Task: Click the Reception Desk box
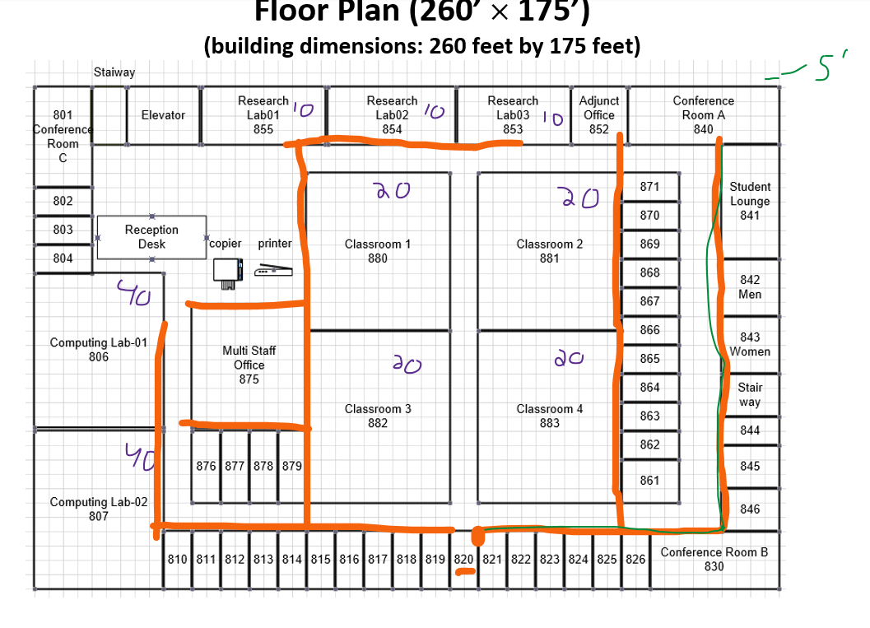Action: pyautogui.click(x=151, y=237)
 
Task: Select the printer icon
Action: pyautogui.click(x=272, y=270)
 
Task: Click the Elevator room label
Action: pyautogui.click(x=163, y=115)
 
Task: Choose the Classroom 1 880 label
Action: pyautogui.click(x=377, y=251)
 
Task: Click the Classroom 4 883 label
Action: pyautogui.click(x=549, y=416)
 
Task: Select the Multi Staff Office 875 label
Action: pyautogui.click(x=249, y=365)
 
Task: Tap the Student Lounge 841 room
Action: pyautogui.click(x=749, y=201)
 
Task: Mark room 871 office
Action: pyautogui.click(x=649, y=187)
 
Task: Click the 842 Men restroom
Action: pyautogui.click(x=750, y=287)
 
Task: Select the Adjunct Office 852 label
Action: pyautogui.click(x=598, y=115)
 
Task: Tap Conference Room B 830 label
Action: pyautogui.click(x=714, y=559)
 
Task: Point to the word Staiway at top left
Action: pyautogui.click(x=114, y=72)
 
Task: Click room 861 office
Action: pyautogui.click(x=649, y=480)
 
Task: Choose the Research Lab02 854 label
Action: pyautogui.click(x=392, y=115)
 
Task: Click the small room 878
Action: pyautogui.click(x=263, y=466)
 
